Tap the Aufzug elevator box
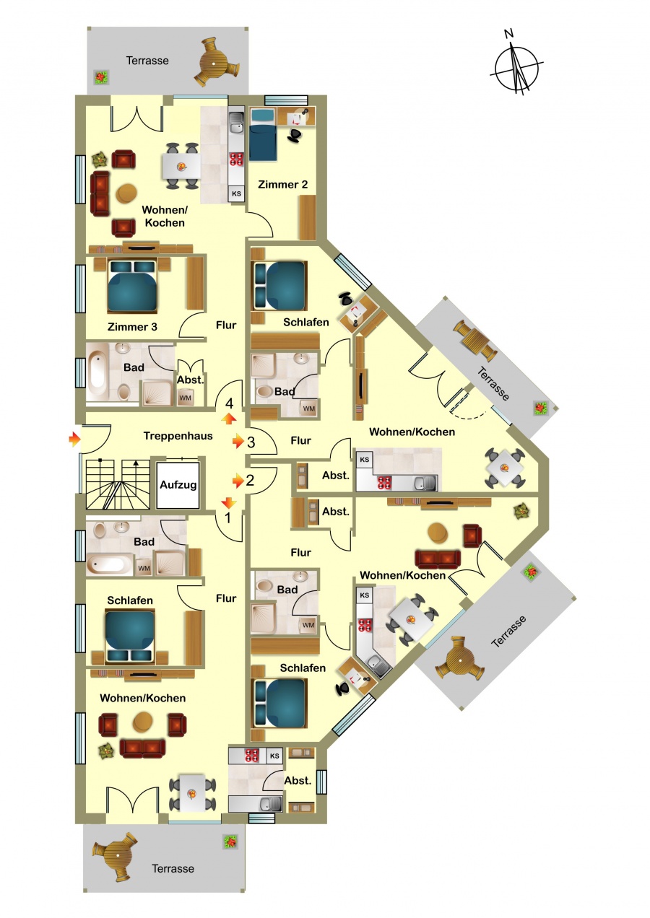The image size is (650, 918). (178, 485)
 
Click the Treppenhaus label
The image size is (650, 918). (178, 436)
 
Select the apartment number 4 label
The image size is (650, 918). (229, 403)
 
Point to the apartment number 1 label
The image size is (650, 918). (228, 518)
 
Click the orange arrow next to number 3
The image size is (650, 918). (238, 442)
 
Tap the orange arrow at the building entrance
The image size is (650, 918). (74, 440)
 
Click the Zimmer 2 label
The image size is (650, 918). (282, 185)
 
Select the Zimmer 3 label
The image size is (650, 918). (132, 327)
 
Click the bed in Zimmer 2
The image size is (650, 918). (263, 135)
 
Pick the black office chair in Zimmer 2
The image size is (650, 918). (295, 135)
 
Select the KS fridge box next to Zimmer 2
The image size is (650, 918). (236, 193)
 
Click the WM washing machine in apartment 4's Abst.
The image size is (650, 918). (186, 398)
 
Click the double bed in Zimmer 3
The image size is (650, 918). (132, 286)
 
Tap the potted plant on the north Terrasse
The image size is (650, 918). (101, 76)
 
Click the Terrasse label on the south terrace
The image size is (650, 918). (173, 868)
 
